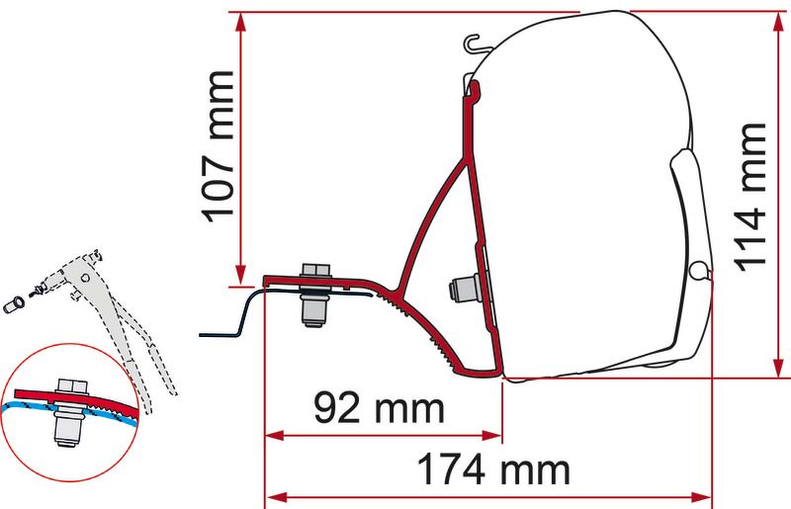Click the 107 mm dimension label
point(219,147)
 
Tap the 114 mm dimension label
point(749,198)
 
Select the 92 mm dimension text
point(380,408)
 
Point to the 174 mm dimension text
point(493,469)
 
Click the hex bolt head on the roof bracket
point(315,270)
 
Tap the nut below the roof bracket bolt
point(314,308)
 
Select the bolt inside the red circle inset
point(70,411)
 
